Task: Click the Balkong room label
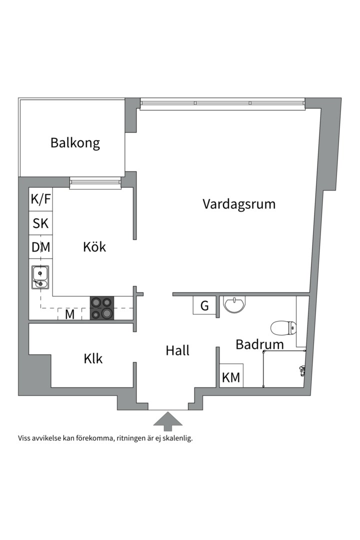[75, 143]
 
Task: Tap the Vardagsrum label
[239, 204]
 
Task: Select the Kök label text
[94, 246]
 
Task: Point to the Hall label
[177, 350]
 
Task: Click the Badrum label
[259, 344]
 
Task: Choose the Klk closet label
[93, 358]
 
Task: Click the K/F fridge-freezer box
[41, 199]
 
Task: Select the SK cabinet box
[41, 223]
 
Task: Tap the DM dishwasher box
[41, 247]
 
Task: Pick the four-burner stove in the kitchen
[102, 308]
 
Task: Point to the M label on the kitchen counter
[70, 314]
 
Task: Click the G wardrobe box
[204, 305]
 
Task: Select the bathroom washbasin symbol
[234, 304]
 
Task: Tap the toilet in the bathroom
[283, 328]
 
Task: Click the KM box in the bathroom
[231, 377]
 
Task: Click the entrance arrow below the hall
[167, 420]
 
